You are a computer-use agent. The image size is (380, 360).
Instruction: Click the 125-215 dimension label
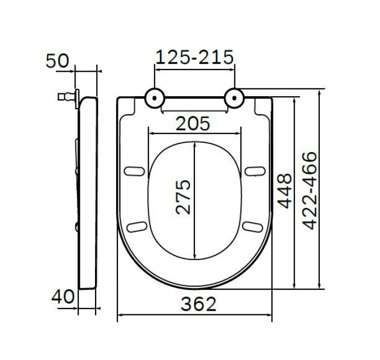[x=194, y=56]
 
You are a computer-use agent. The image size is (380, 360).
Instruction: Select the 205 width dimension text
[x=193, y=124]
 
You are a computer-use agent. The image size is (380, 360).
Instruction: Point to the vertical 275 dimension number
[x=185, y=196]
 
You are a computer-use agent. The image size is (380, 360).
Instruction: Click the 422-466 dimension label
[x=309, y=191]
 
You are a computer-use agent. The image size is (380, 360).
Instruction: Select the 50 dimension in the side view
[x=58, y=60]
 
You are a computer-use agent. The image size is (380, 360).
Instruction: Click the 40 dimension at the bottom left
[x=63, y=297]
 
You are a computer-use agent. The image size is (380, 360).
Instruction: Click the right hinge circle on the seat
[x=235, y=98]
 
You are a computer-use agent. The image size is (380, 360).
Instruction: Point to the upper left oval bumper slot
[x=132, y=171]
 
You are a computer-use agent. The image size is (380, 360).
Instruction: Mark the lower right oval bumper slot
[x=250, y=225]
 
